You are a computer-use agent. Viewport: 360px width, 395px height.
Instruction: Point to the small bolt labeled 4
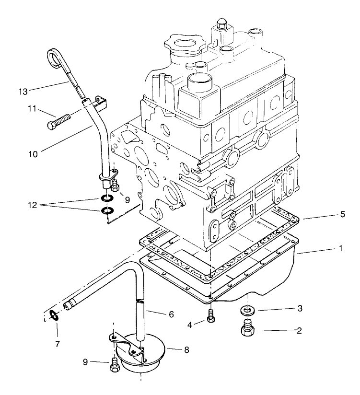pos(210,317)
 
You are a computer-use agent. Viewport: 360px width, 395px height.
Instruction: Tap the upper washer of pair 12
pos(107,199)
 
